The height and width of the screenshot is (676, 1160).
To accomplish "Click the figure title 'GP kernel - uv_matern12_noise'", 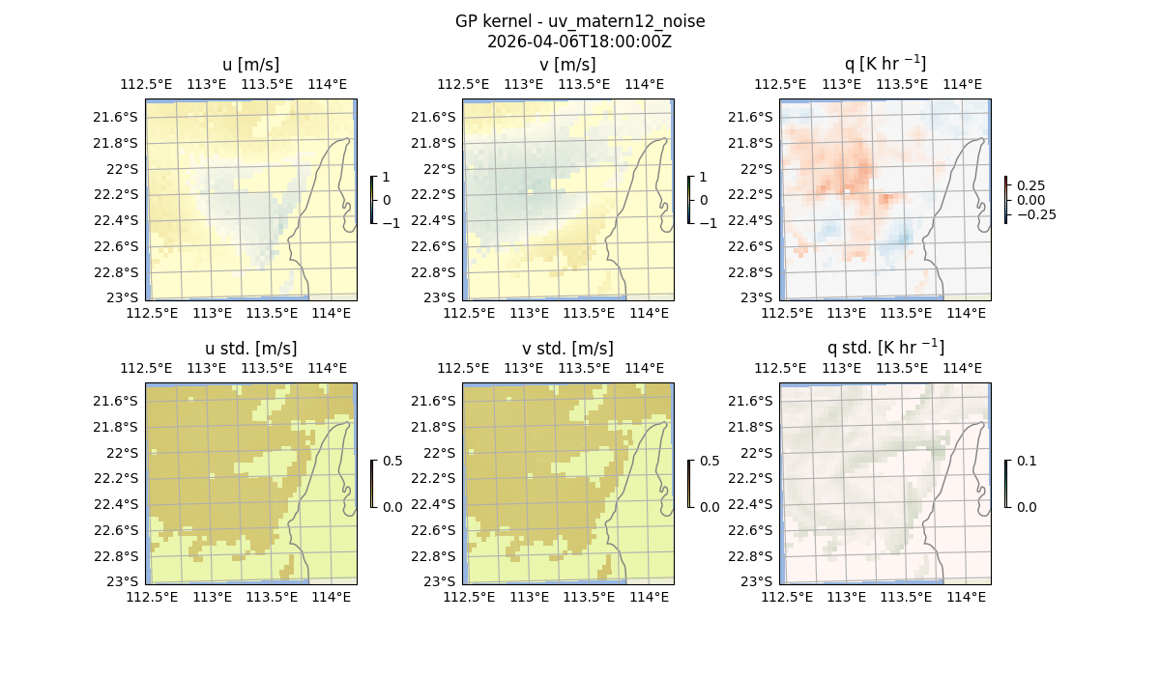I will point(579,21).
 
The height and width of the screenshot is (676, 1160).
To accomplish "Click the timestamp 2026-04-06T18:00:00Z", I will point(579,42).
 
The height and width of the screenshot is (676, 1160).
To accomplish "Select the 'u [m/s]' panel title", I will point(250,65).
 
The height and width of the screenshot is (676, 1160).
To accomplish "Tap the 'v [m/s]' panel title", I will point(567,65).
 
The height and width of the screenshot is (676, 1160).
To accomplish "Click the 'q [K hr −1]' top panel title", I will point(884,65).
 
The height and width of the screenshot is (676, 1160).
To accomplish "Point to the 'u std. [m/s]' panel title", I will point(250,349).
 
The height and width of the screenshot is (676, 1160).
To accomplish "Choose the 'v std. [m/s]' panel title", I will point(567,349).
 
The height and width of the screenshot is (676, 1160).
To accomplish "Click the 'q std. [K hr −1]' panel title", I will point(884,348).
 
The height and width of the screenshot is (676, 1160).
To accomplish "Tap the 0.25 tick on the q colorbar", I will point(1030,185).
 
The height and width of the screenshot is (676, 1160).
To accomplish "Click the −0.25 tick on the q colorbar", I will point(1035,214).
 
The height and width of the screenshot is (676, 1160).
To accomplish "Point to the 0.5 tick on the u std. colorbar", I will point(392,462).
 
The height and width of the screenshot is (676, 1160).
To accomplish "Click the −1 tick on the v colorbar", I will point(709,222).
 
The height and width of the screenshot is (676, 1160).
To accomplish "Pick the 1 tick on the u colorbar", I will point(387,178).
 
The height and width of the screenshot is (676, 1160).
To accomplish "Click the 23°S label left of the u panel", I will point(123,297).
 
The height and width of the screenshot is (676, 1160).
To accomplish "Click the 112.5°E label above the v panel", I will point(464,84).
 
